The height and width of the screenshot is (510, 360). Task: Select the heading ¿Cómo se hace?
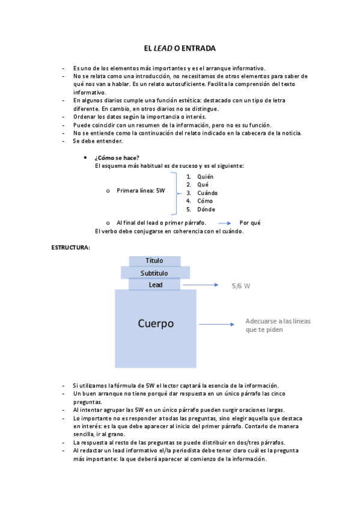point(117,158)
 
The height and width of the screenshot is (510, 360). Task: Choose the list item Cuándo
point(207,193)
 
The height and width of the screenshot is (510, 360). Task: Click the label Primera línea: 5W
point(141,191)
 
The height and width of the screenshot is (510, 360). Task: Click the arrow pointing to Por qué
point(225,223)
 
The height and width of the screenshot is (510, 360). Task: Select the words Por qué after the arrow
point(250,223)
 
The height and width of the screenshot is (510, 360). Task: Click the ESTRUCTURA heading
point(70,247)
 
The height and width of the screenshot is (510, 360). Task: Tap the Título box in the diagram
point(154,261)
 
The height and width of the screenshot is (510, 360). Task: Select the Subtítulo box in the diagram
point(154,273)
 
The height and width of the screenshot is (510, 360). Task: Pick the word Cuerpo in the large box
point(156,324)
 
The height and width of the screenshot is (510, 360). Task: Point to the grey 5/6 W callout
point(240,286)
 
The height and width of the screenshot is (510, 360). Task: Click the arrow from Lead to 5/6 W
point(203,285)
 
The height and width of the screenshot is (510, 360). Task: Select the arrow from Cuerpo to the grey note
point(216,325)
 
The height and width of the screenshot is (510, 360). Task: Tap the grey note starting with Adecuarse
point(278,325)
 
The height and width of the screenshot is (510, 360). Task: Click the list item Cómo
point(206,201)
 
